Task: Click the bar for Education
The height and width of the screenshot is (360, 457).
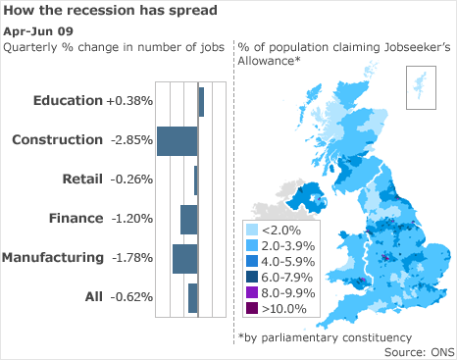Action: [x=201, y=102]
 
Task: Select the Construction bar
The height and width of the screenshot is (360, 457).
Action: [x=177, y=140]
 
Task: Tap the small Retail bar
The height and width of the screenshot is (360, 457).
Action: [x=196, y=180]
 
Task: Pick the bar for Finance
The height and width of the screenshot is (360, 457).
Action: [x=189, y=219]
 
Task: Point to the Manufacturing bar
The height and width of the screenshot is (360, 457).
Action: [x=185, y=258]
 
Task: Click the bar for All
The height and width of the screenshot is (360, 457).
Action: [x=193, y=297]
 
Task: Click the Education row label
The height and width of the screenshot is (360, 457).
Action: [x=67, y=101]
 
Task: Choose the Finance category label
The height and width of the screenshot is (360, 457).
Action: [x=76, y=219]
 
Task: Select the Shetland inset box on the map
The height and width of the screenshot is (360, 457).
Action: [x=419, y=84]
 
